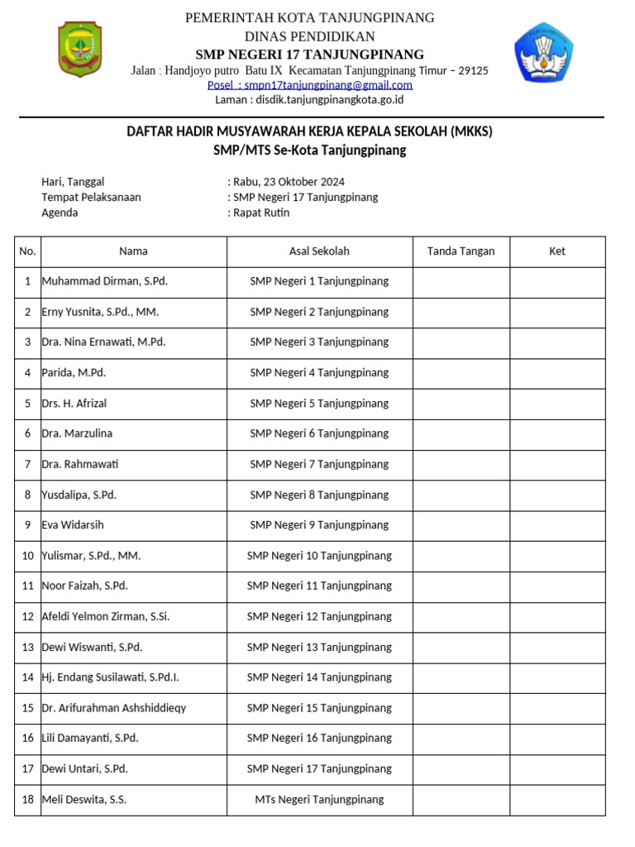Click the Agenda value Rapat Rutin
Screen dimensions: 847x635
(261, 213)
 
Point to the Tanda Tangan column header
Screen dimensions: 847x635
(461, 251)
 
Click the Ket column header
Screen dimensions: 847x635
(557, 251)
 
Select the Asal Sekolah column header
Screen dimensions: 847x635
(319, 251)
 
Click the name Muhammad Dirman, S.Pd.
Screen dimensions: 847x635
(105, 281)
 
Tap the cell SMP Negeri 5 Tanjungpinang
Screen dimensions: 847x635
(319, 404)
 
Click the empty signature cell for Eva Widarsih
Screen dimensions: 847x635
(461, 525)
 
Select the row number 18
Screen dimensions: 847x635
(28, 800)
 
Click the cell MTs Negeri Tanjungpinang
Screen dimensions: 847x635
(319, 800)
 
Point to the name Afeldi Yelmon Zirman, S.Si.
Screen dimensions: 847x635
(106, 616)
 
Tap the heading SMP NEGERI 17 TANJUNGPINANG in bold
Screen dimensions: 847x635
(309, 54)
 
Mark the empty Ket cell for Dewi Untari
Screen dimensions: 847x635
(557, 769)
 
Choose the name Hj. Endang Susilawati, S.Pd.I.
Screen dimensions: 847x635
(111, 677)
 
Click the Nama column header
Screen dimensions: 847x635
(133, 251)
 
